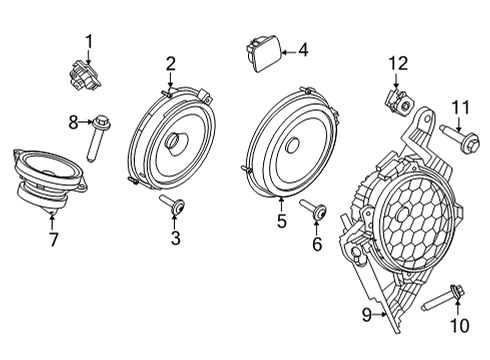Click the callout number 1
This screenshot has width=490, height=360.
tap(88, 41)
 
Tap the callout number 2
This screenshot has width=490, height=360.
tap(171, 63)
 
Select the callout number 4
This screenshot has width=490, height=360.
tap(304, 47)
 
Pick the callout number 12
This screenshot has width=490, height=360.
tap(399, 63)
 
